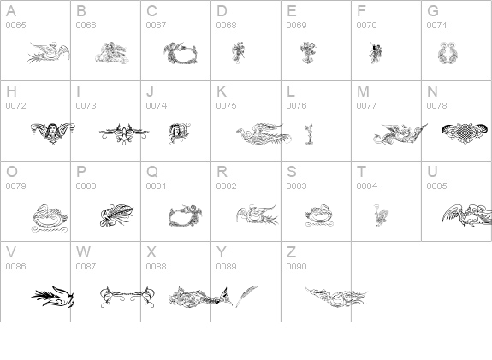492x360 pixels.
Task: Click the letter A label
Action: point(10,11)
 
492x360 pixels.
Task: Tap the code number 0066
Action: point(86,26)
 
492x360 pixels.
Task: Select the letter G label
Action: point(433,11)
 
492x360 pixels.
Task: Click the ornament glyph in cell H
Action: point(52,132)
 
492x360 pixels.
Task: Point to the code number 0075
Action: point(226,106)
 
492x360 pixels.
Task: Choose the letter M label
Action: point(363,91)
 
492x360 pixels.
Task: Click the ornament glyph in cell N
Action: point(465,132)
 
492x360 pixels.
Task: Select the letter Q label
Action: point(151,172)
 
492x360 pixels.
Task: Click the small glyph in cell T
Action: point(381,215)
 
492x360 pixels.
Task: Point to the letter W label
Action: point(83,252)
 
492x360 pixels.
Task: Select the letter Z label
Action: point(291,252)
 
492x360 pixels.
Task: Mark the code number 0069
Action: point(296,26)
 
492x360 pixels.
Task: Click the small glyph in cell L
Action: point(308,133)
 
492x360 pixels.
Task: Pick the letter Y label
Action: point(221,252)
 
